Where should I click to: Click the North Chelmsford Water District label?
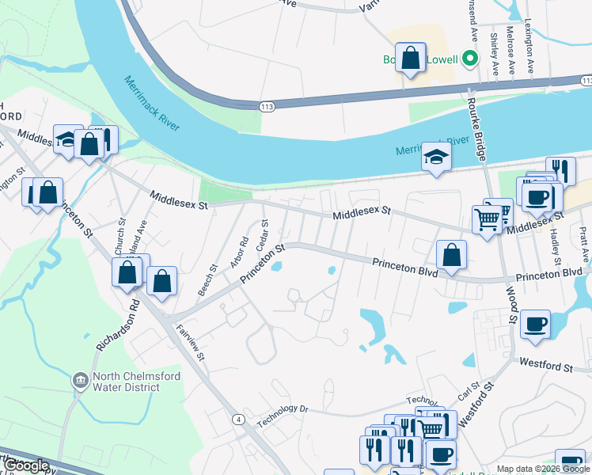(x=127, y=382)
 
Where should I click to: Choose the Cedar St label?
(x=264, y=235)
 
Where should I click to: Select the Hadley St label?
(x=555, y=245)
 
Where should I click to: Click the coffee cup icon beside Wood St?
(x=535, y=324)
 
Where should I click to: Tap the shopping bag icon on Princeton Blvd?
(x=451, y=255)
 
